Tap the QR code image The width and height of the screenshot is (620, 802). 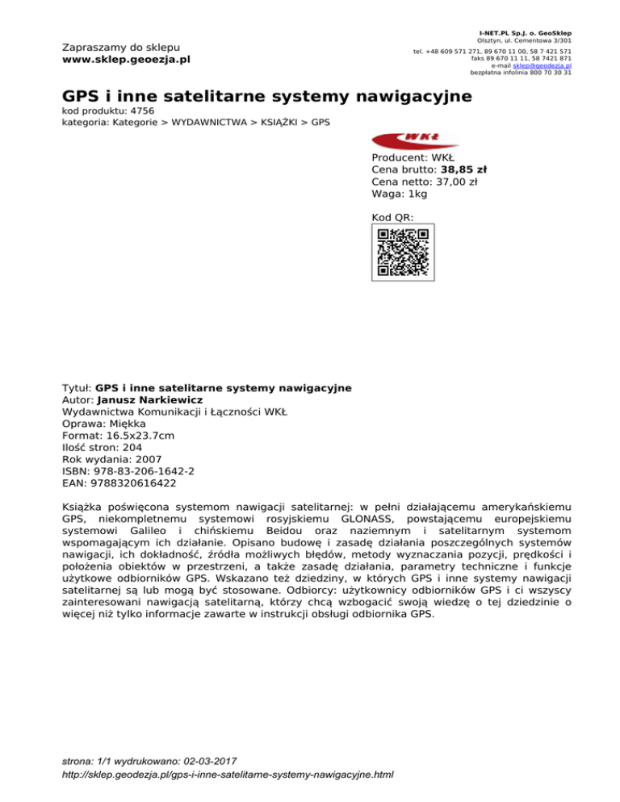(x=403, y=253)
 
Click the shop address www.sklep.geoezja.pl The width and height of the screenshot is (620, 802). (x=126, y=60)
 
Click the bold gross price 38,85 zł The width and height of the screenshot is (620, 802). (x=463, y=170)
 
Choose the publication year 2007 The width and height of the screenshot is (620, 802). (x=140, y=459)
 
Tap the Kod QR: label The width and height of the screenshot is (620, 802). (x=392, y=218)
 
